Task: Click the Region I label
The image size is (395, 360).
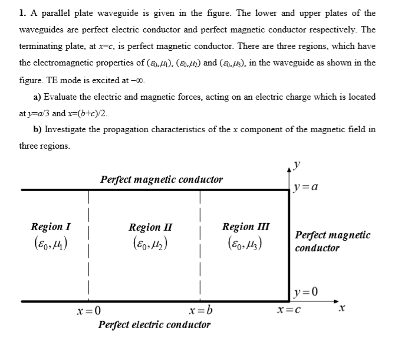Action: pyautogui.click(x=51, y=227)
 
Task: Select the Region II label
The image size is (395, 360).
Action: pyautogui.click(x=150, y=227)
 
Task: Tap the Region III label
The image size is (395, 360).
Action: pyautogui.click(x=246, y=227)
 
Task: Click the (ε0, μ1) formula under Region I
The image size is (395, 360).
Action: pyautogui.click(x=51, y=244)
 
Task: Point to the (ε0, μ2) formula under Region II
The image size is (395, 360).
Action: pyautogui.click(x=150, y=244)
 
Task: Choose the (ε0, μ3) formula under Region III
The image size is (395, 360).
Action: pyautogui.click(x=246, y=243)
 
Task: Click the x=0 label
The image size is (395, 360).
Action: pyautogui.click(x=89, y=310)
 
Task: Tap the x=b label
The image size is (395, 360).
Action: pyautogui.click(x=201, y=310)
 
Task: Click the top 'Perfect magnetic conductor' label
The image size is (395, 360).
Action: pyautogui.click(x=162, y=179)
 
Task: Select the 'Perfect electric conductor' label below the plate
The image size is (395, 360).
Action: pyautogui.click(x=154, y=325)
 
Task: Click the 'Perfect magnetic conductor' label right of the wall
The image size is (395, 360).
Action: pyautogui.click(x=333, y=241)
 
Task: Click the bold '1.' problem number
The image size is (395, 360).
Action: pyautogui.click(x=22, y=12)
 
